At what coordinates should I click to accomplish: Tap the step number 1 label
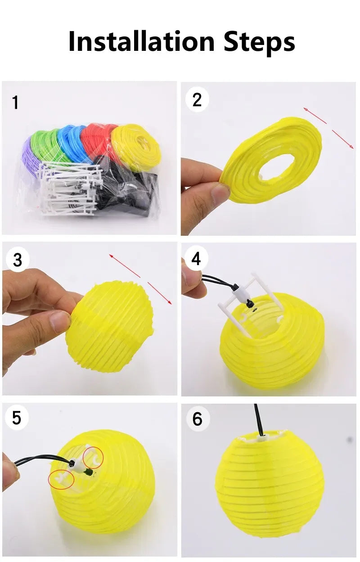(x=16, y=103)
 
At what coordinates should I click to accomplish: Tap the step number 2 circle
(x=197, y=100)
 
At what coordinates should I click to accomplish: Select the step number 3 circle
(x=18, y=260)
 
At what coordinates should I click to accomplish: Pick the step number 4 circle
(x=196, y=259)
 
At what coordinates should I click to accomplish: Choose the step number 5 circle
(x=17, y=418)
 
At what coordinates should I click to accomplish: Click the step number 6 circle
(x=197, y=419)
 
